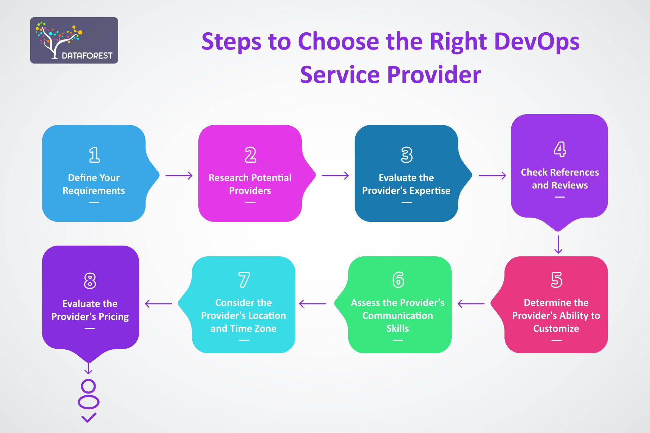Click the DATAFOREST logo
click(74, 41)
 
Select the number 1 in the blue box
click(94, 155)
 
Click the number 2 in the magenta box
click(250, 155)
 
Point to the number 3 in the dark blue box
click(406, 155)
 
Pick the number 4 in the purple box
click(559, 149)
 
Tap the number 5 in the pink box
click(556, 280)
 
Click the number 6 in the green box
click(398, 280)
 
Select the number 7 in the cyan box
click(244, 280)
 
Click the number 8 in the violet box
click(90, 281)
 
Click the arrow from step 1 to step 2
click(179, 176)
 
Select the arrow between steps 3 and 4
click(493, 176)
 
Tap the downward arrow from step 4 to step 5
click(558, 245)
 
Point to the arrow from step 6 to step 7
click(313, 304)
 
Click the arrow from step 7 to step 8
click(158, 304)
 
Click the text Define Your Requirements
click(94, 184)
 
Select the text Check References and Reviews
click(559, 178)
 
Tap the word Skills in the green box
click(397, 328)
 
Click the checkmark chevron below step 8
click(88, 418)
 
